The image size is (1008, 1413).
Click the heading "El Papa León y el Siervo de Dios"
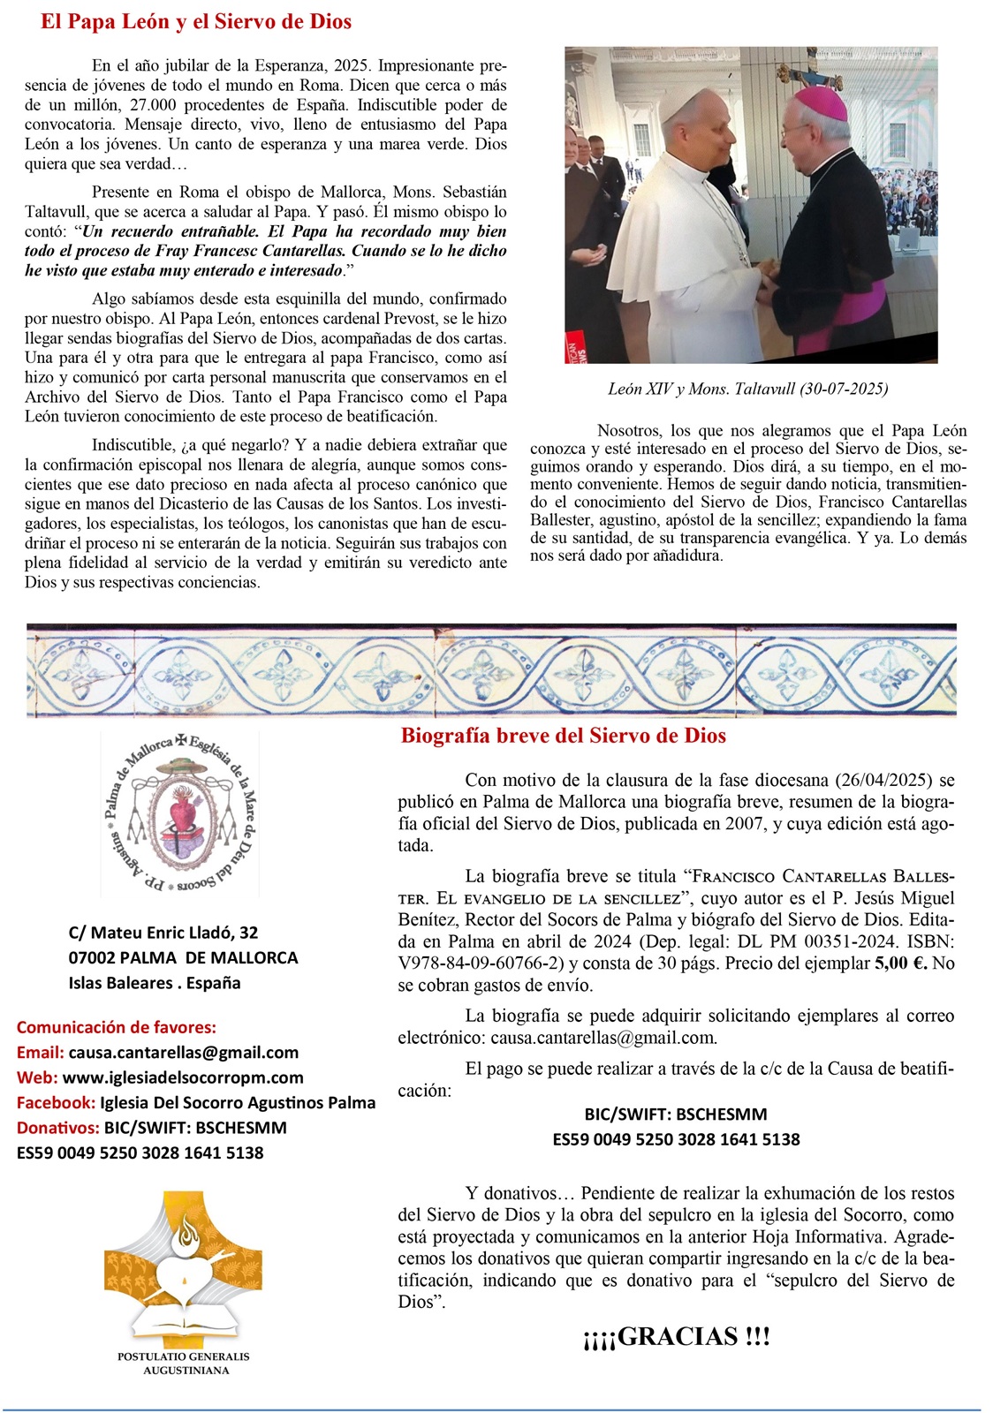coord(196,22)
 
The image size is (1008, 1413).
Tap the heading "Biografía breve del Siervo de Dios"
coord(563,736)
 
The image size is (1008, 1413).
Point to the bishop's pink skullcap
coord(821,102)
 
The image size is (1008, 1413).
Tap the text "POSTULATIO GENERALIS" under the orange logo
coord(184,1356)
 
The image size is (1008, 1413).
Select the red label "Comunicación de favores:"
coord(117,1027)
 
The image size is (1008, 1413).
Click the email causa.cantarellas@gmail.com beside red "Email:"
coord(183,1052)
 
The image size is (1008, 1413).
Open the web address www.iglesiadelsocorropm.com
coord(183,1077)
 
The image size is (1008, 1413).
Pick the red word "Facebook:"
coord(56,1102)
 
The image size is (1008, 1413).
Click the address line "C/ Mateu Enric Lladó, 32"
coord(163,933)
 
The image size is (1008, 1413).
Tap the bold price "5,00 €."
coord(900,963)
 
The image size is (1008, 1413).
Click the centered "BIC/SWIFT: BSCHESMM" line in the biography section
coord(676,1115)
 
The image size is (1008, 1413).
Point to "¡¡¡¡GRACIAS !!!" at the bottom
coord(676,1337)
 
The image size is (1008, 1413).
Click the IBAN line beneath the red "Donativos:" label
coord(140,1152)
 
